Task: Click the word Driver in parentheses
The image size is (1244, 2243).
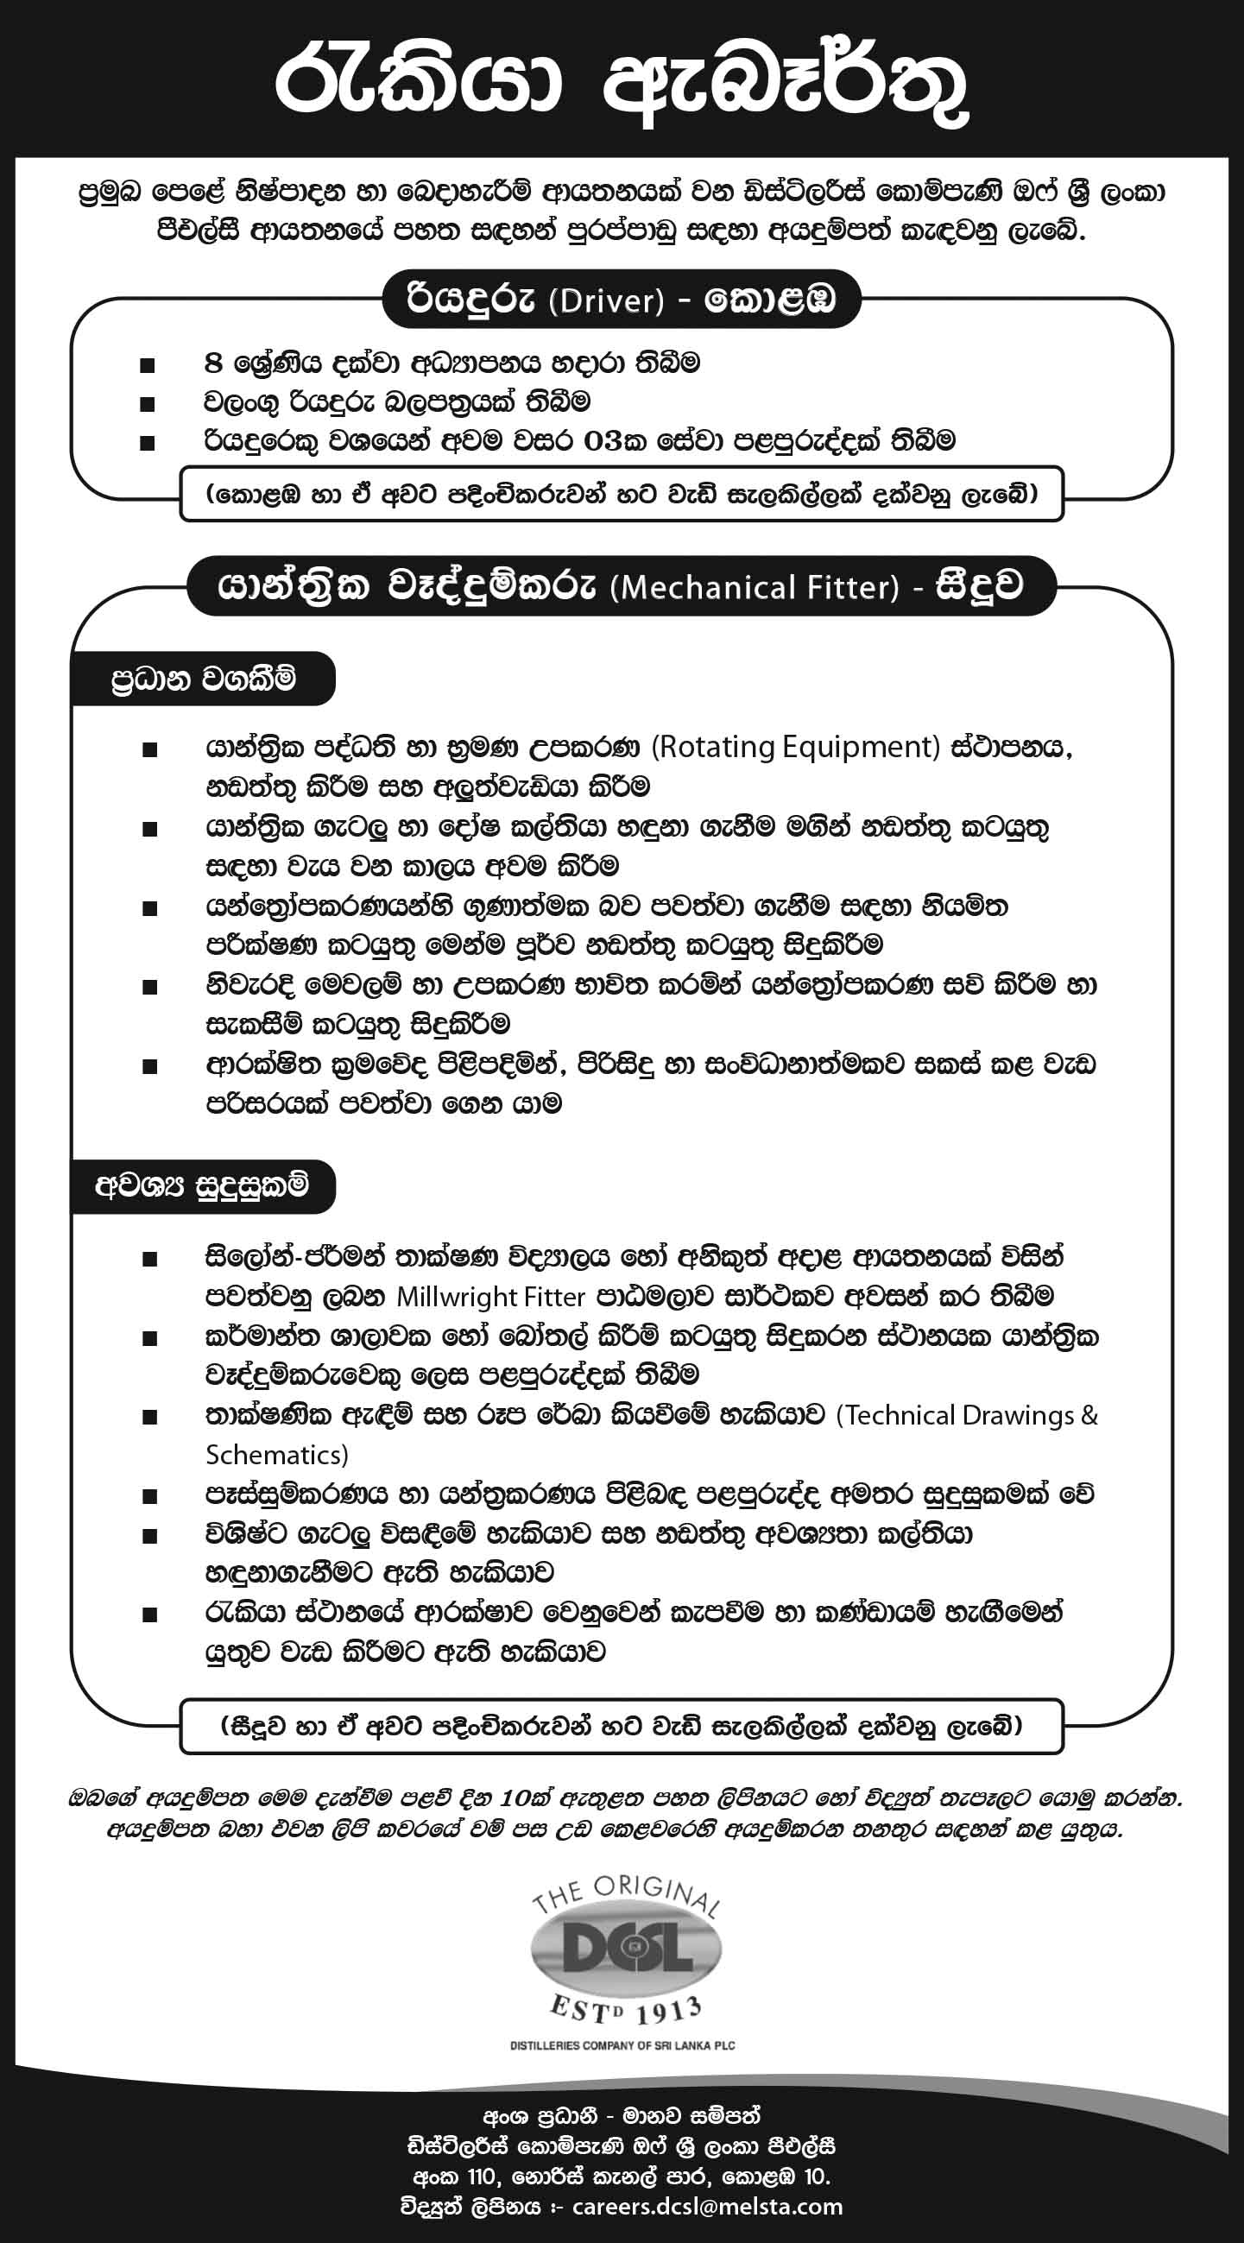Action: tap(607, 300)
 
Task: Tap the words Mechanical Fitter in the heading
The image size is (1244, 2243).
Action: tap(755, 588)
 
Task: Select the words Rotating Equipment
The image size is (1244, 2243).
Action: tap(797, 747)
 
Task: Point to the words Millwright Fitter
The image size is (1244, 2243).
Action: tap(490, 1297)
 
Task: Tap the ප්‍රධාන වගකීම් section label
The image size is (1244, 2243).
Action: tap(203, 679)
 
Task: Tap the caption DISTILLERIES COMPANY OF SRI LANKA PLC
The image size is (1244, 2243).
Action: tap(622, 2045)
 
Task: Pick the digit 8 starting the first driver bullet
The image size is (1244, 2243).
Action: tap(212, 363)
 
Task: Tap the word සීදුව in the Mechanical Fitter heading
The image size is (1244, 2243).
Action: tap(979, 588)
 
